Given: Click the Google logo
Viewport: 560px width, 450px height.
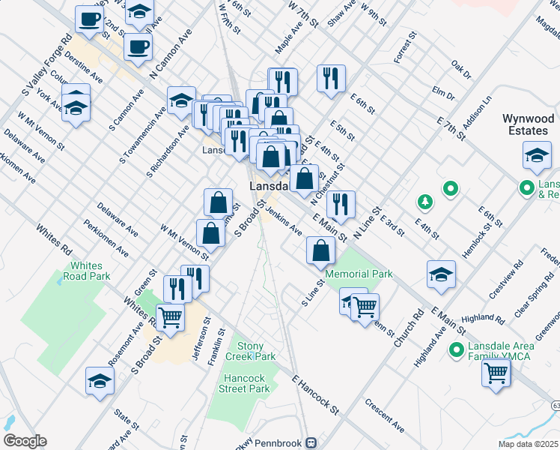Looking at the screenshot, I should click(x=25, y=441).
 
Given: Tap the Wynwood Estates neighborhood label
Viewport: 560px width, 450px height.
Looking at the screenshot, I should click(x=528, y=124).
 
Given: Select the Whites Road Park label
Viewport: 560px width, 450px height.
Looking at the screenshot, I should click(x=91, y=271).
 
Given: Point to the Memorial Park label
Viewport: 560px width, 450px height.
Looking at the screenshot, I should click(x=359, y=274).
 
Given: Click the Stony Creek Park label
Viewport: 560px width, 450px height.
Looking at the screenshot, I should click(x=256, y=351).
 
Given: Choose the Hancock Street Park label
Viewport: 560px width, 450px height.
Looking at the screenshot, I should click(x=244, y=383).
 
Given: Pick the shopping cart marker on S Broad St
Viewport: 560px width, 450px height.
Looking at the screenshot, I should click(x=171, y=317).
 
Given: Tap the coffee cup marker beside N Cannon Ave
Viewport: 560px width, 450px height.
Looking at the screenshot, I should click(x=138, y=47).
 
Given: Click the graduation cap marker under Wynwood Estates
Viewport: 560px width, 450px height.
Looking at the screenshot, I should click(x=536, y=155).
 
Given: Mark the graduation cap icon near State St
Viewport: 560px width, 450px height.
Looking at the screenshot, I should click(x=100, y=381).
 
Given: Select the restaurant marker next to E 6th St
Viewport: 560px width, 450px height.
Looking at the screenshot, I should click(x=330, y=79).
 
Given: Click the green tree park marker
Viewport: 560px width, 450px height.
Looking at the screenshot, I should click(x=424, y=201).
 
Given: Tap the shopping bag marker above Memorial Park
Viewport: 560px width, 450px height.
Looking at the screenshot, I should click(x=320, y=250).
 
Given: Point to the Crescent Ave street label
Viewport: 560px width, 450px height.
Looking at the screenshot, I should click(x=385, y=419).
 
